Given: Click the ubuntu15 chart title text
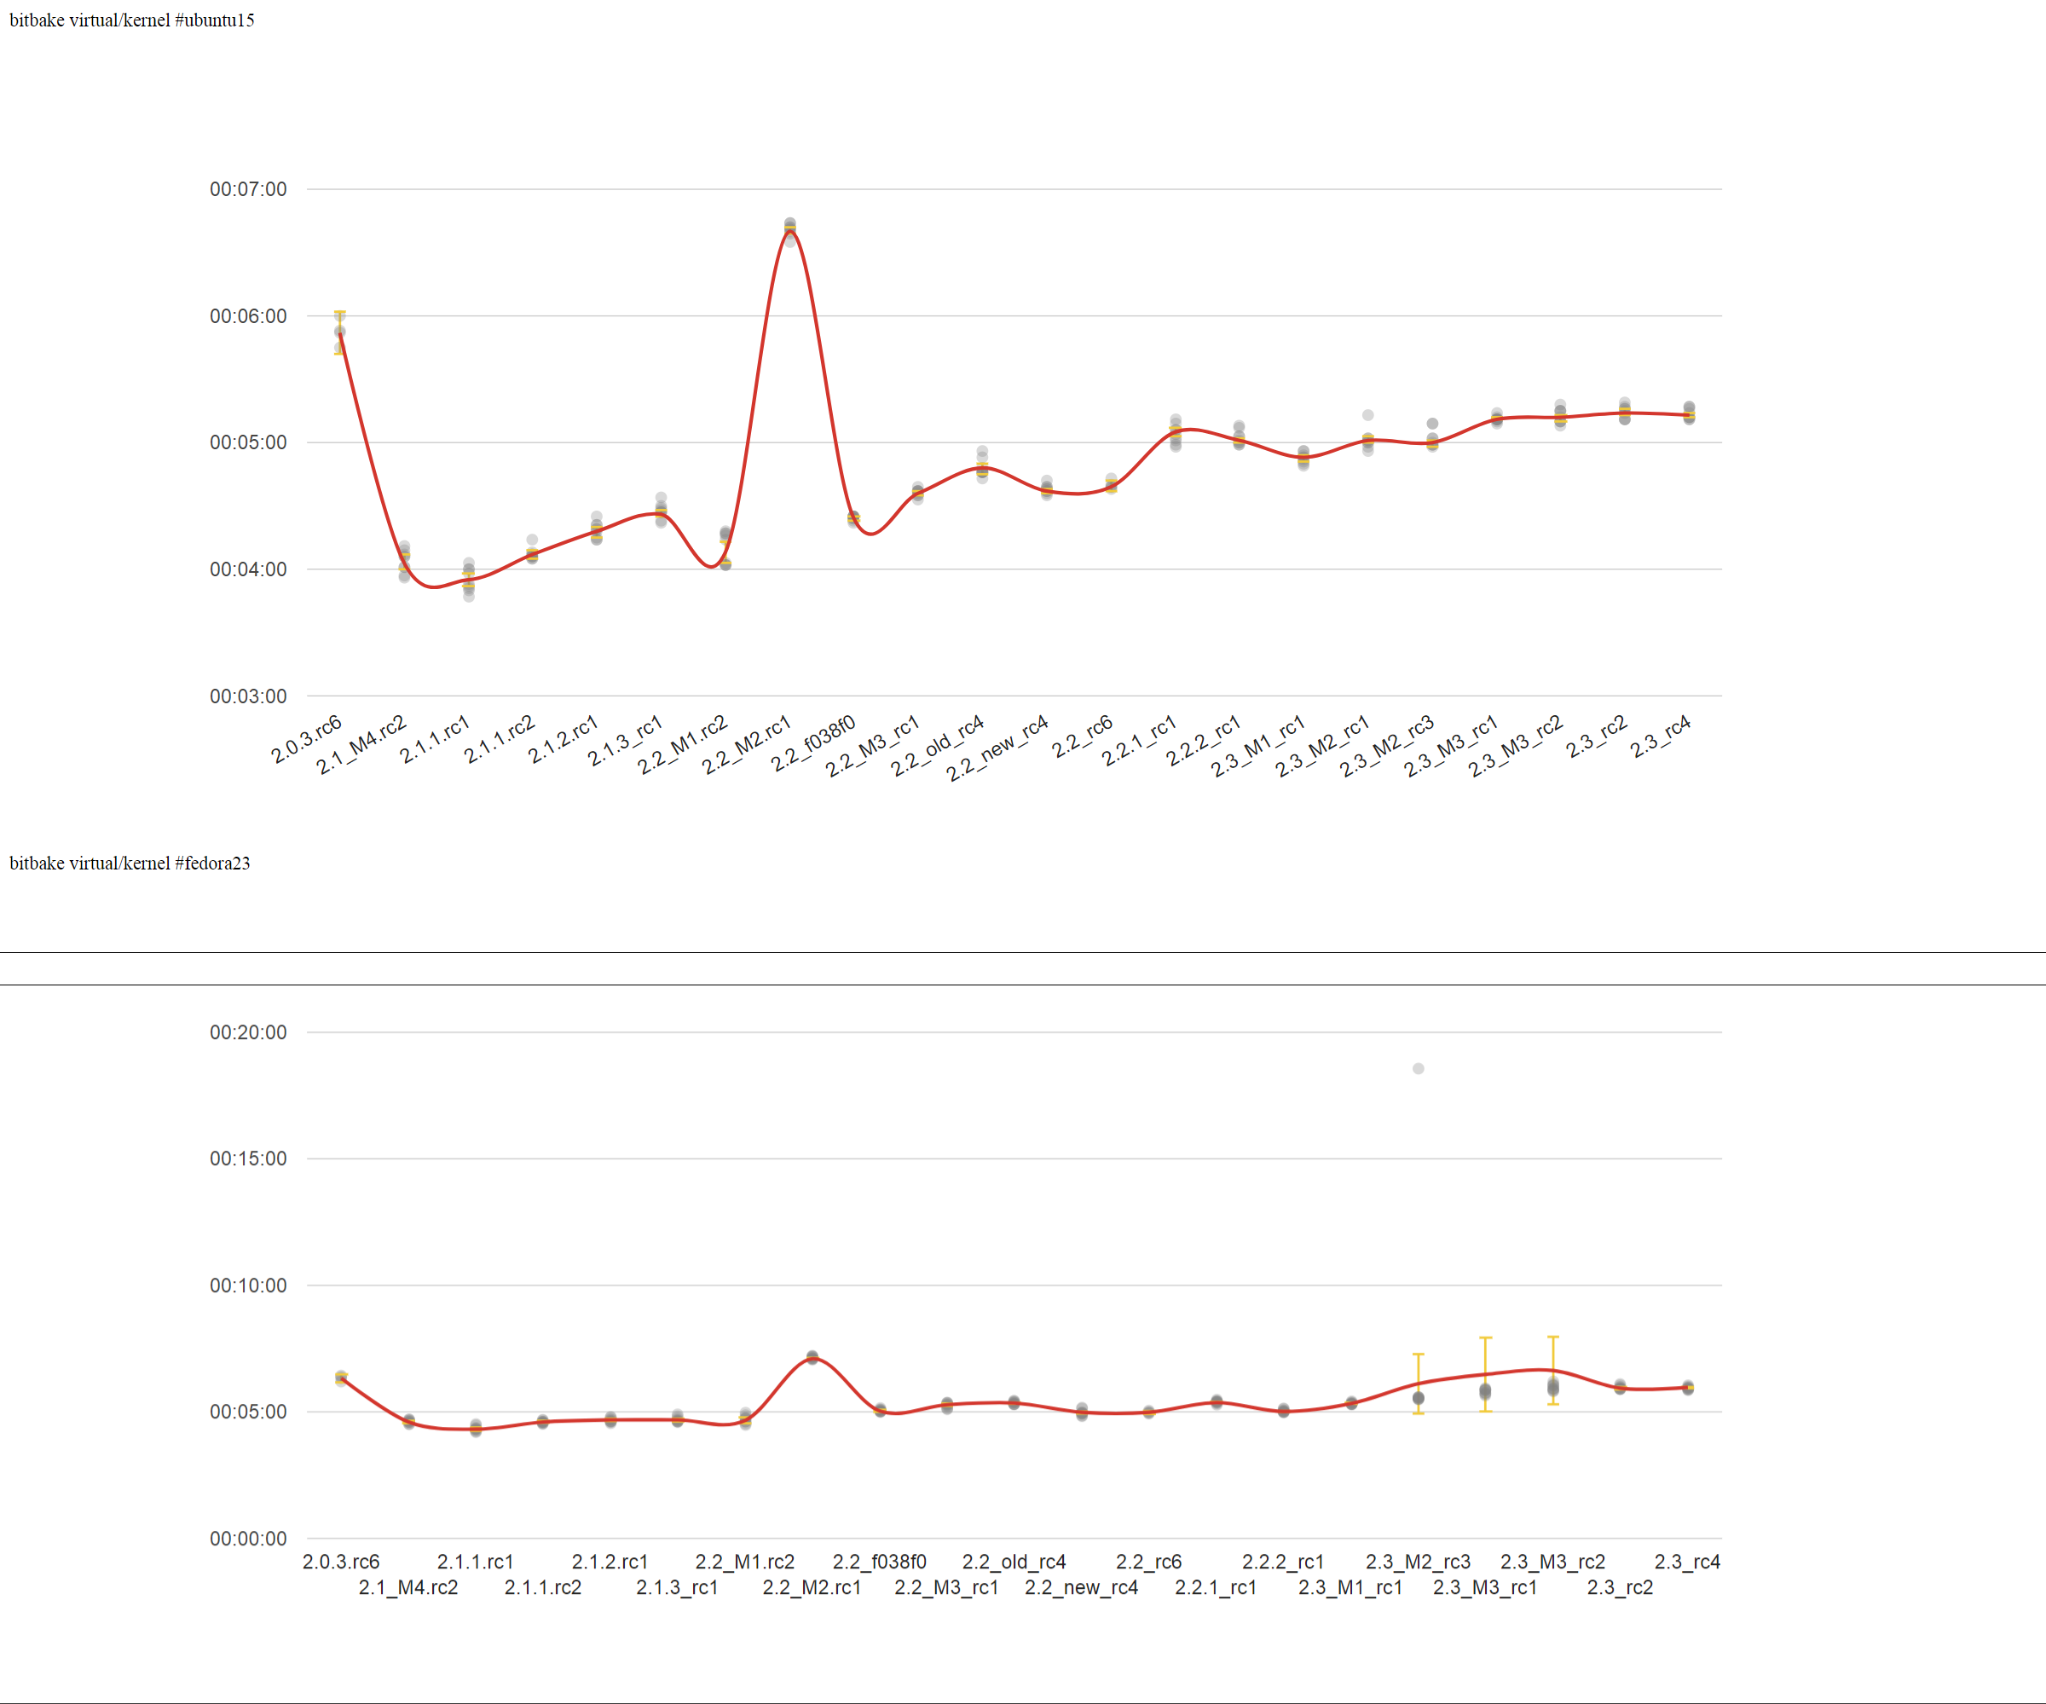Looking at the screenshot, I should point(131,20).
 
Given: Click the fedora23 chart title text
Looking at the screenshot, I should point(130,864).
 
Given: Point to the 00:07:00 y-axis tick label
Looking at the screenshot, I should point(248,189).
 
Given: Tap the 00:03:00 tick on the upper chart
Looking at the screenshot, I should point(248,696).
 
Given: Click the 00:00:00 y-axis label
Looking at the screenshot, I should point(248,1539).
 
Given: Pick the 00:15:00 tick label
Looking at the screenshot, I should point(248,1159).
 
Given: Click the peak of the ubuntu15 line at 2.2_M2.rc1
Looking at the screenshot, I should point(790,228).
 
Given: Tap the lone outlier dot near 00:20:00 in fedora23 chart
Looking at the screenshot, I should point(1419,1069).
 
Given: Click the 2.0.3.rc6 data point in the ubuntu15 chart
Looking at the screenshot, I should point(340,332).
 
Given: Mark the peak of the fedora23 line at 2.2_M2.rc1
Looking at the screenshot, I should point(812,1357).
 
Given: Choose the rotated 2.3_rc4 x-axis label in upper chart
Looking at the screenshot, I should point(1660,737).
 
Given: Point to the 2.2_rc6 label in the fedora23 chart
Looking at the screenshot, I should point(1148,1562).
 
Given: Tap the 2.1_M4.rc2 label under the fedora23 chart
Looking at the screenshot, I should point(408,1588).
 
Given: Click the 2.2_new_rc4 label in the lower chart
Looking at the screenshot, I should point(1082,1588).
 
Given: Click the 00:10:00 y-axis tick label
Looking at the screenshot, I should point(248,1286).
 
